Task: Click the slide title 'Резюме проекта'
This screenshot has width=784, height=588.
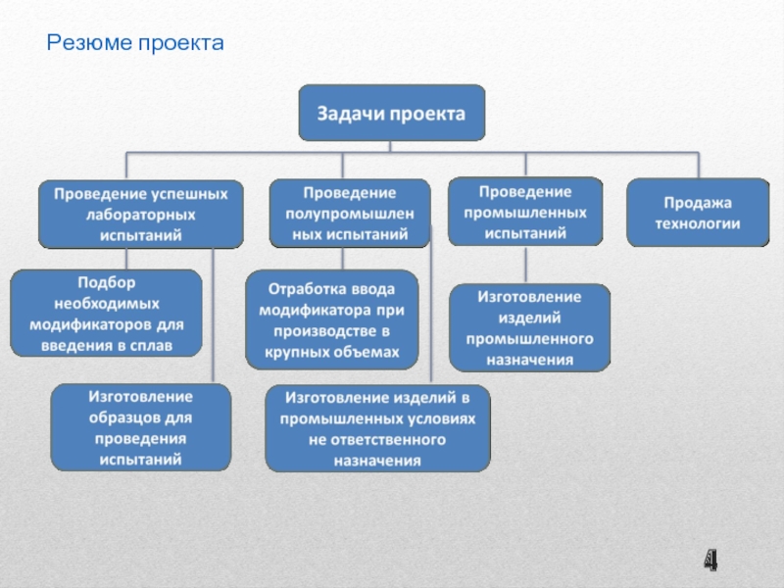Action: tap(136, 43)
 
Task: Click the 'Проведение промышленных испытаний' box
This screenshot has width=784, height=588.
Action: tap(524, 211)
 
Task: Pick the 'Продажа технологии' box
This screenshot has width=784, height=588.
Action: tap(698, 213)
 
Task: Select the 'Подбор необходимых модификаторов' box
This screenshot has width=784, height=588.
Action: tap(106, 313)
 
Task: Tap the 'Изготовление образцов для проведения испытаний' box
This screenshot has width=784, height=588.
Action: tap(140, 427)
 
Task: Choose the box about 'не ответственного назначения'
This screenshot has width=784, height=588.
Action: tap(377, 429)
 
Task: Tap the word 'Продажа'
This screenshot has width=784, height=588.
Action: tap(698, 202)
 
